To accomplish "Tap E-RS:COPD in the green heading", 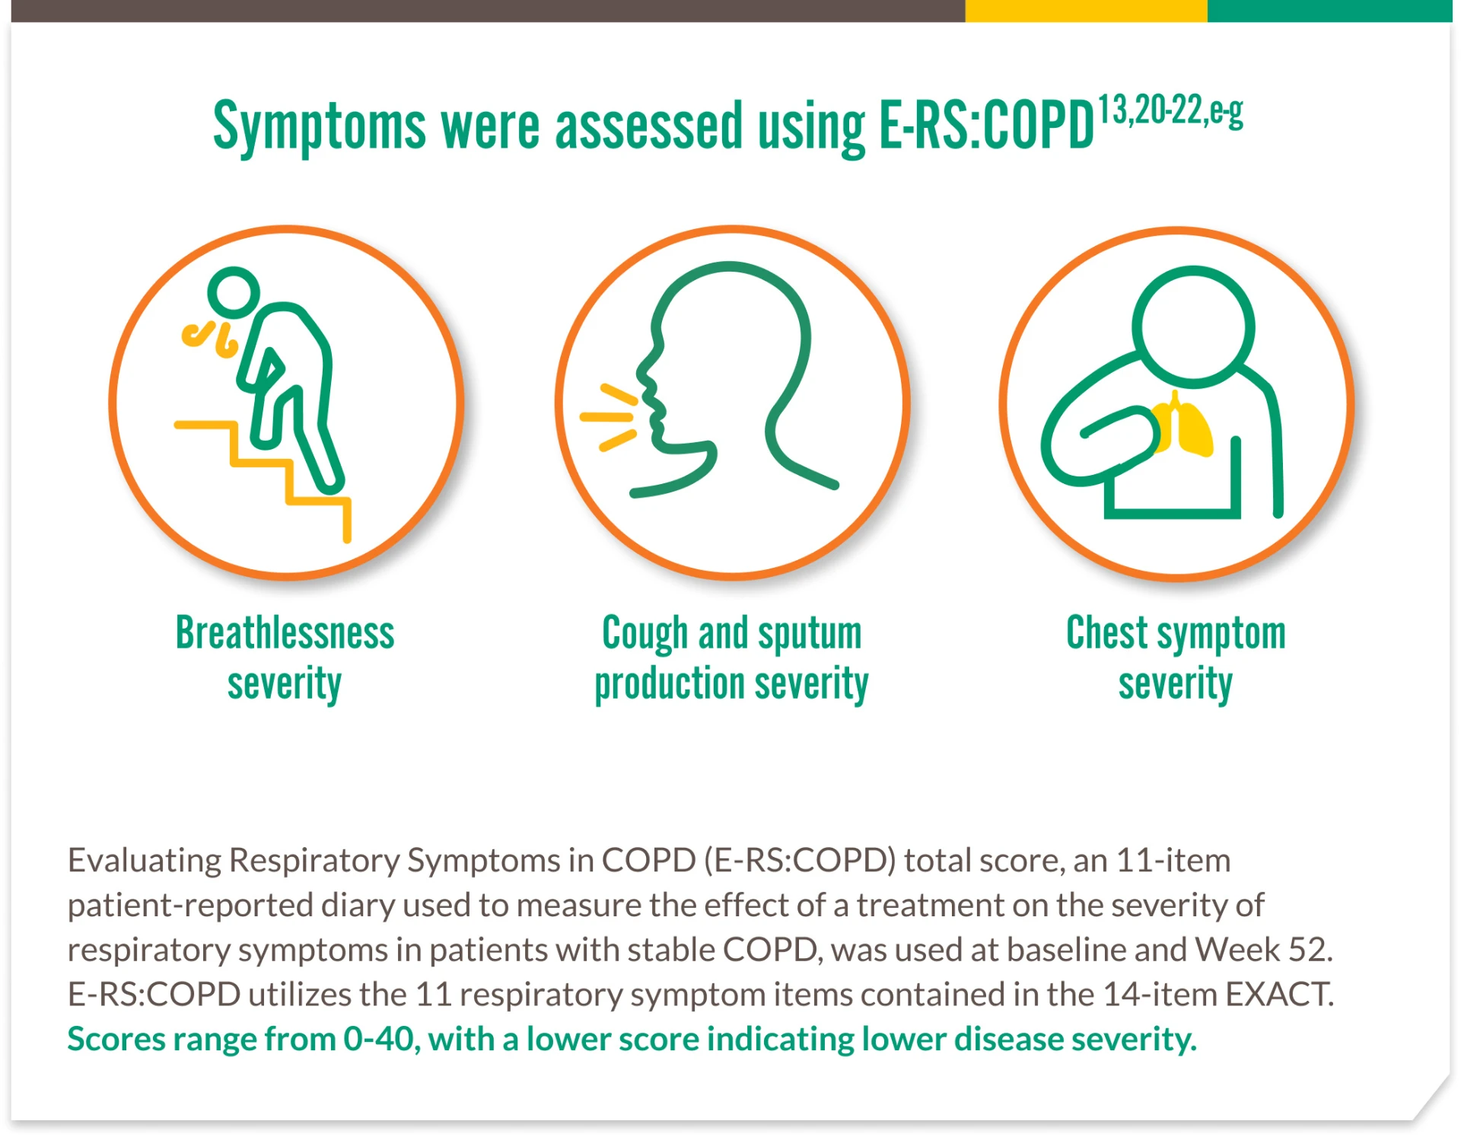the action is (986, 125).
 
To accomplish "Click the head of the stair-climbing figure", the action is (234, 292).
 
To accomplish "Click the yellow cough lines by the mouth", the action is (608, 417).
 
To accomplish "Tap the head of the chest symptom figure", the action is (1192, 324).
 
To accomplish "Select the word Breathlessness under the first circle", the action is (285, 633).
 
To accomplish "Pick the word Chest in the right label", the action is (1107, 633).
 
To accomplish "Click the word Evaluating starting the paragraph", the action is (145, 862).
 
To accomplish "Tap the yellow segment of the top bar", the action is (1086, 11).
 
